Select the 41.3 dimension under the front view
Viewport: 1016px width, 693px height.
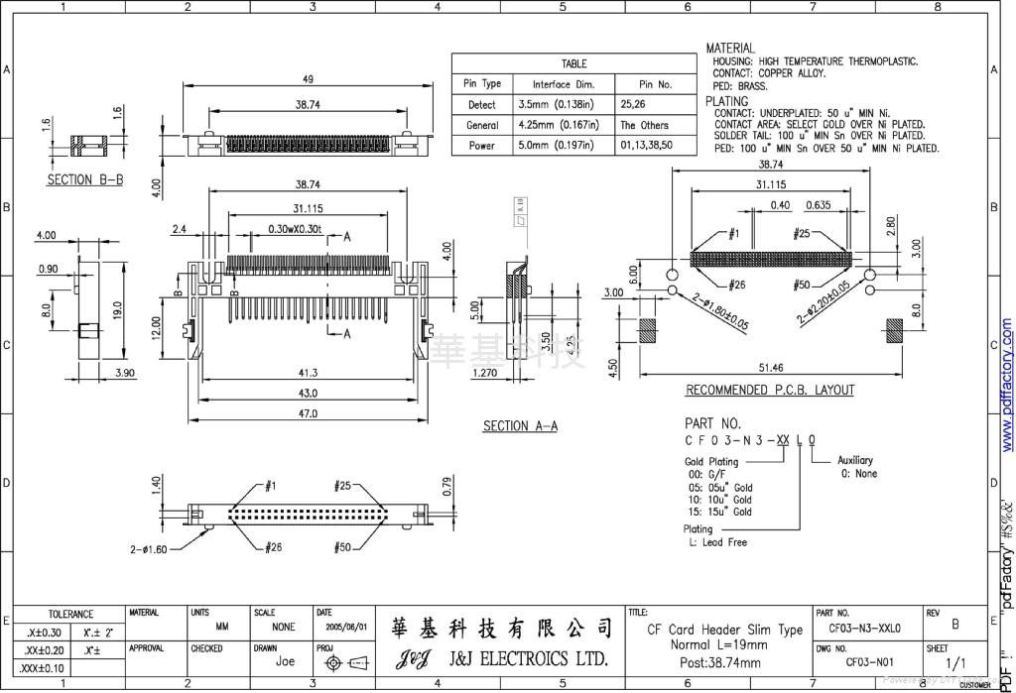308,373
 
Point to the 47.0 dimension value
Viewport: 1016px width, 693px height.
308,413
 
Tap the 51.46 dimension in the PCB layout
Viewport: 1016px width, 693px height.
770,368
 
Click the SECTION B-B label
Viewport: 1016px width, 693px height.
85,181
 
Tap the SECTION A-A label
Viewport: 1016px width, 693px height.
520,426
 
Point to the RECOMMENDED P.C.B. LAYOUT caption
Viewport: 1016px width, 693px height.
770,391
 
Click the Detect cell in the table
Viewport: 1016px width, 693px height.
482,105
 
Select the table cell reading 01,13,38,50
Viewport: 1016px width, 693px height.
646,146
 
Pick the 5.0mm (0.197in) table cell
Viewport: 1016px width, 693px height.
556,146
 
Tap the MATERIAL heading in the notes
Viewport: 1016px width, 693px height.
730,48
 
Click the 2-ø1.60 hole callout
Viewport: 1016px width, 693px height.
148,548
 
